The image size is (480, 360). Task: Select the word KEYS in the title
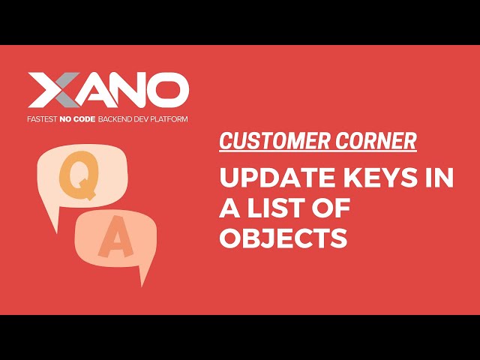(x=371, y=180)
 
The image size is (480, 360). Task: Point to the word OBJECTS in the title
(x=283, y=238)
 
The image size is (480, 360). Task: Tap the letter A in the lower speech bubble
(x=114, y=241)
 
